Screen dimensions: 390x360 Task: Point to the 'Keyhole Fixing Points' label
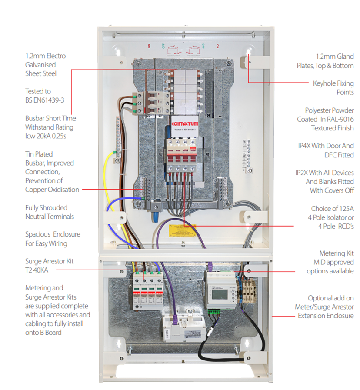pyautogui.click(x=333, y=87)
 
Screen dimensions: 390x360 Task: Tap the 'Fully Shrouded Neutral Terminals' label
pyautogui.click(x=49, y=212)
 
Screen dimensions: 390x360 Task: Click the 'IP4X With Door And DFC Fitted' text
pyautogui.click(x=326, y=150)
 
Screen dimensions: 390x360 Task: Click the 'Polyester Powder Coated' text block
pyautogui.click(x=329, y=119)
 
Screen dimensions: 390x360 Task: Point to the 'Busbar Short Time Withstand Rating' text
pyautogui.click(x=50, y=127)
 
